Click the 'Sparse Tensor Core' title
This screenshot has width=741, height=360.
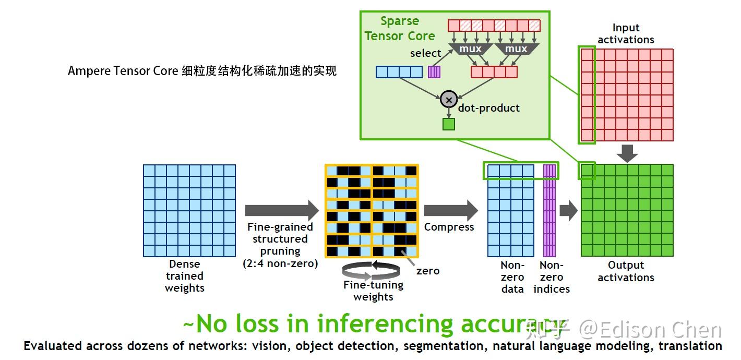point(400,29)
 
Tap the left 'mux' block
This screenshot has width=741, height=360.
point(470,49)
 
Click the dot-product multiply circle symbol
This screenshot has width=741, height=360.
point(448,99)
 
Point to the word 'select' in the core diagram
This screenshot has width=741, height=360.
point(425,53)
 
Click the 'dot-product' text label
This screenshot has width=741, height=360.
point(489,108)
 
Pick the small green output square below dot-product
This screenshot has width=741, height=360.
point(448,124)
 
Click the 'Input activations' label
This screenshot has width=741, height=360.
point(626,34)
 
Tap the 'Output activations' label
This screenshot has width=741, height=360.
point(626,271)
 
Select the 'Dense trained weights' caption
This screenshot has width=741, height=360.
point(184,276)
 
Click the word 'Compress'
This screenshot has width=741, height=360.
point(449,227)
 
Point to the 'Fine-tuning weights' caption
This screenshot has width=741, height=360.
point(373,291)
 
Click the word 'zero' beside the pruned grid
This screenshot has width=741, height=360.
point(428,271)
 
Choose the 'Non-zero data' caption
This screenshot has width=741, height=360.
point(512,277)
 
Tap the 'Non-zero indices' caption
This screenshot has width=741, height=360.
point(552,277)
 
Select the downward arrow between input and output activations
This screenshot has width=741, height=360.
point(627,152)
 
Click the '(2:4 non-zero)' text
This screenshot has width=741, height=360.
point(280,263)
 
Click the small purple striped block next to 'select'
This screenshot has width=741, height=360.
point(434,71)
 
